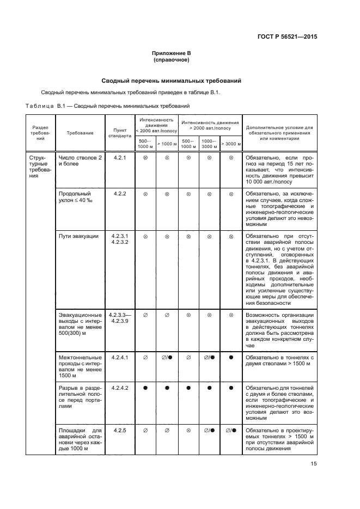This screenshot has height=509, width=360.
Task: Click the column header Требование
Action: tap(80, 133)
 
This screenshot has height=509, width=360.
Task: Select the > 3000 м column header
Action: tap(231, 144)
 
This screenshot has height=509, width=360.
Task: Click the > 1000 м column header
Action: tap(167, 144)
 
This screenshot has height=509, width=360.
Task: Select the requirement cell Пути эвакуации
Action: tap(78, 236)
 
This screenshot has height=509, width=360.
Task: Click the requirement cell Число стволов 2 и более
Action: tap(80, 161)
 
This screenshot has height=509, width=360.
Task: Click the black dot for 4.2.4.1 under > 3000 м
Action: tap(231, 358)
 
